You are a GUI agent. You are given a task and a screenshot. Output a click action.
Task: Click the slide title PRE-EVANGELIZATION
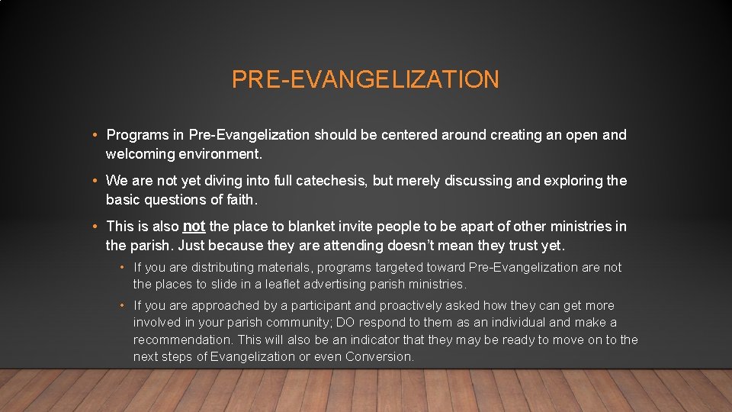(x=365, y=79)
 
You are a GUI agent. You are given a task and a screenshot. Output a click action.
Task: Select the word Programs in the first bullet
(x=137, y=136)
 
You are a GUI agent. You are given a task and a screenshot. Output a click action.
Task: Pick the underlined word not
(x=194, y=227)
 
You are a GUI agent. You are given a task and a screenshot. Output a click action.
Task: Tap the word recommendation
(x=182, y=340)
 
